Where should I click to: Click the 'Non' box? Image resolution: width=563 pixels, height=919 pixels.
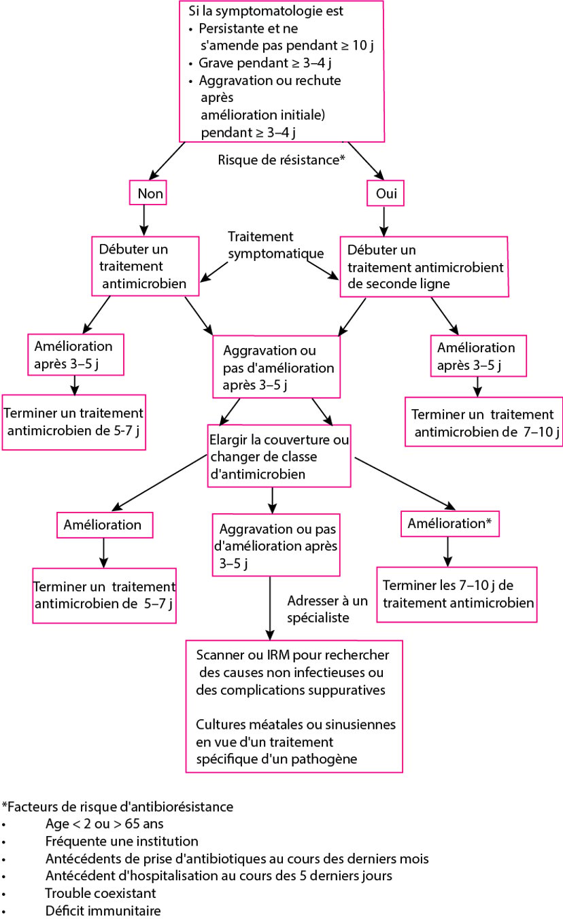click(x=148, y=193)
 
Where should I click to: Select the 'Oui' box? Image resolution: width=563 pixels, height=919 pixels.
click(x=385, y=193)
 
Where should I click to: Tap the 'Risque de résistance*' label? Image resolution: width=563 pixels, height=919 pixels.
click(x=281, y=160)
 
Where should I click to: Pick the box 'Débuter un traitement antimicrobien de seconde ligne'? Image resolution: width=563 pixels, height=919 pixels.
click(x=424, y=266)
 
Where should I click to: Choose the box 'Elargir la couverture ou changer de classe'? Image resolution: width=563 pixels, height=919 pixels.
click(x=279, y=456)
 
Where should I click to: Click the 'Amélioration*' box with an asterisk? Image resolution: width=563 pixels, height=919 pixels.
click(x=449, y=523)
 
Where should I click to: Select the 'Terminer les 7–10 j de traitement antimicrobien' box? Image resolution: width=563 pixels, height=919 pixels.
click(x=457, y=595)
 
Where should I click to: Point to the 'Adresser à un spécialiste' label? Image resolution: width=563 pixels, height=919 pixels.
click(x=328, y=609)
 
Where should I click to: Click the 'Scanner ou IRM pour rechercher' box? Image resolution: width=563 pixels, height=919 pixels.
click(x=294, y=706)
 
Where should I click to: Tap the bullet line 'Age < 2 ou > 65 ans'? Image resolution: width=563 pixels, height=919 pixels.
click(x=104, y=823)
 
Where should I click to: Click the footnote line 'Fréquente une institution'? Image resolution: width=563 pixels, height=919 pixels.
click(x=122, y=841)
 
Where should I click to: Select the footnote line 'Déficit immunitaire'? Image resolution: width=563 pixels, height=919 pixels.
click(x=103, y=910)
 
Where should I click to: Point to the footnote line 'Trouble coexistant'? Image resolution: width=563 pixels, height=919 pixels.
click(x=101, y=893)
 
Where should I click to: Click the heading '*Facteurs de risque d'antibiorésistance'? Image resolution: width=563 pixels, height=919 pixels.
click(x=118, y=806)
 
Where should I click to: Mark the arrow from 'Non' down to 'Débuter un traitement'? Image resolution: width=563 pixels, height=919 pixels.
click(x=143, y=220)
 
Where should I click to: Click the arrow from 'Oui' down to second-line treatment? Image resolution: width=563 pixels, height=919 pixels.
click(x=383, y=222)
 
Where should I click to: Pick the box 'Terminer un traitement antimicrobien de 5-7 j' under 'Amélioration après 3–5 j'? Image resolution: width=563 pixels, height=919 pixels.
click(x=74, y=422)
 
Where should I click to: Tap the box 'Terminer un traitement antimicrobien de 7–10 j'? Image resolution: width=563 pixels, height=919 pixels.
click(x=483, y=421)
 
